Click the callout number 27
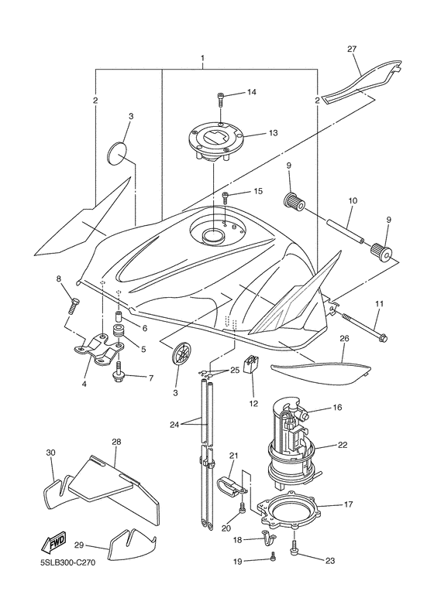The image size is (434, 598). click(x=352, y=50)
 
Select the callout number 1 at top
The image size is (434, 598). click(x=202, y=59)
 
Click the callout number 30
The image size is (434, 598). click(x=51, y=453)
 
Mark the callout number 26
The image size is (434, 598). click(x=344, y=337)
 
